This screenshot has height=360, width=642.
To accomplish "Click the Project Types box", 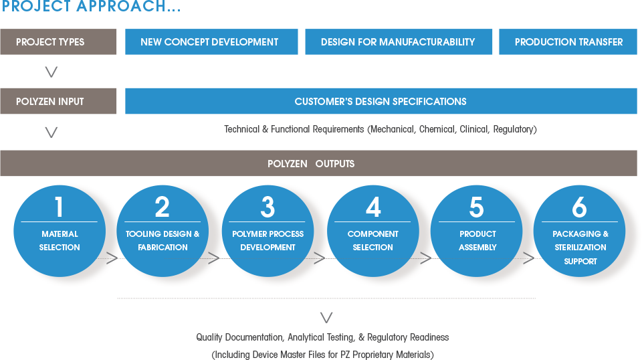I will [x=50, y=42].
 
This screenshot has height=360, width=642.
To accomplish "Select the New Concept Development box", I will [x=209, y=42].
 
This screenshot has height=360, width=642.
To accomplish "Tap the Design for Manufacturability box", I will [x=398, y=42].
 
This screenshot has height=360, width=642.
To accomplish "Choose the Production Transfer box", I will [x=568, y=42].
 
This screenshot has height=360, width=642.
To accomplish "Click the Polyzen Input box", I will [x=50, y=102].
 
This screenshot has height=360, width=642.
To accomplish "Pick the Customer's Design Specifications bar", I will [x=381, y=102].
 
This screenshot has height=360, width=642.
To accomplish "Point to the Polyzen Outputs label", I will [x=311, y=164].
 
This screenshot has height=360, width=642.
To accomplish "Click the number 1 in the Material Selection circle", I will [x=59, y=207].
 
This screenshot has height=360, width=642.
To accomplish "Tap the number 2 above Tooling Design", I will [x=163, y=207].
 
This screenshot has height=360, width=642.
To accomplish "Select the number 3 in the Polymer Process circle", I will [x=267, y=207].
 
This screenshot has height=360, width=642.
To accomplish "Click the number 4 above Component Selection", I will [x=373, y=207].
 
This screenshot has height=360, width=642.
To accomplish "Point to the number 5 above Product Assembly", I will [x=477, y=207].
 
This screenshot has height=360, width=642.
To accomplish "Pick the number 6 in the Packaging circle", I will [x=580, y=207].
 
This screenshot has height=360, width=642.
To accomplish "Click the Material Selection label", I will [x=60, y=241].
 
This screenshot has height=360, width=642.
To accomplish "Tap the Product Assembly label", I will [x=477, y=241].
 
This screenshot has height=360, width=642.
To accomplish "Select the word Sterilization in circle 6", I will [x=580, y=248].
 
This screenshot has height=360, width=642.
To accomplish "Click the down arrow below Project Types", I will [x=51, y=72].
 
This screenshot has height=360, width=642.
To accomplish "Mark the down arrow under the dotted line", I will [x=326, y=317].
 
